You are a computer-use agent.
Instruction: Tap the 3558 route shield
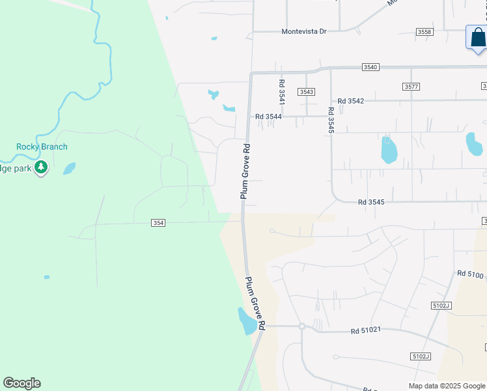[x=424, y=32]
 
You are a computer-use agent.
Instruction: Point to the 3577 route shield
[x=411, y=87]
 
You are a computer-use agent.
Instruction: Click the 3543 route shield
[x=307, y=92]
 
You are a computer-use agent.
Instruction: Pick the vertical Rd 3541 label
[x=282, y=93]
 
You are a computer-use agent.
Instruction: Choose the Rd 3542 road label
[x=346, y=101]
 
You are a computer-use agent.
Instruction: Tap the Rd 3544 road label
[x=269, y=117]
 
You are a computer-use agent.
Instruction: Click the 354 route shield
[x=158, y=223]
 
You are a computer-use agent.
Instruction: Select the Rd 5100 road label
[x=470, y=275]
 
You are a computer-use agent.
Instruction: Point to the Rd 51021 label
[x=365, y=330]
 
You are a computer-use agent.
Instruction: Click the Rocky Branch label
[x=42, y=147]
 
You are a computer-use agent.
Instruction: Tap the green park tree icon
[x=41, y=167]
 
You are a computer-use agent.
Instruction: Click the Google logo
[x=21, y=383]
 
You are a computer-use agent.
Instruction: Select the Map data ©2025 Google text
[x=447, y=386]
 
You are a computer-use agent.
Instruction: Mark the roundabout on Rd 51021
[x=302, y=326]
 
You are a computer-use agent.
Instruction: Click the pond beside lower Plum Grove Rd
[x=247, y=321]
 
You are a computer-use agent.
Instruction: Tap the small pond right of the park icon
[x=69, y=169]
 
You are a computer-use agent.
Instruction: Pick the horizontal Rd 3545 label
[x=371, y=202]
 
